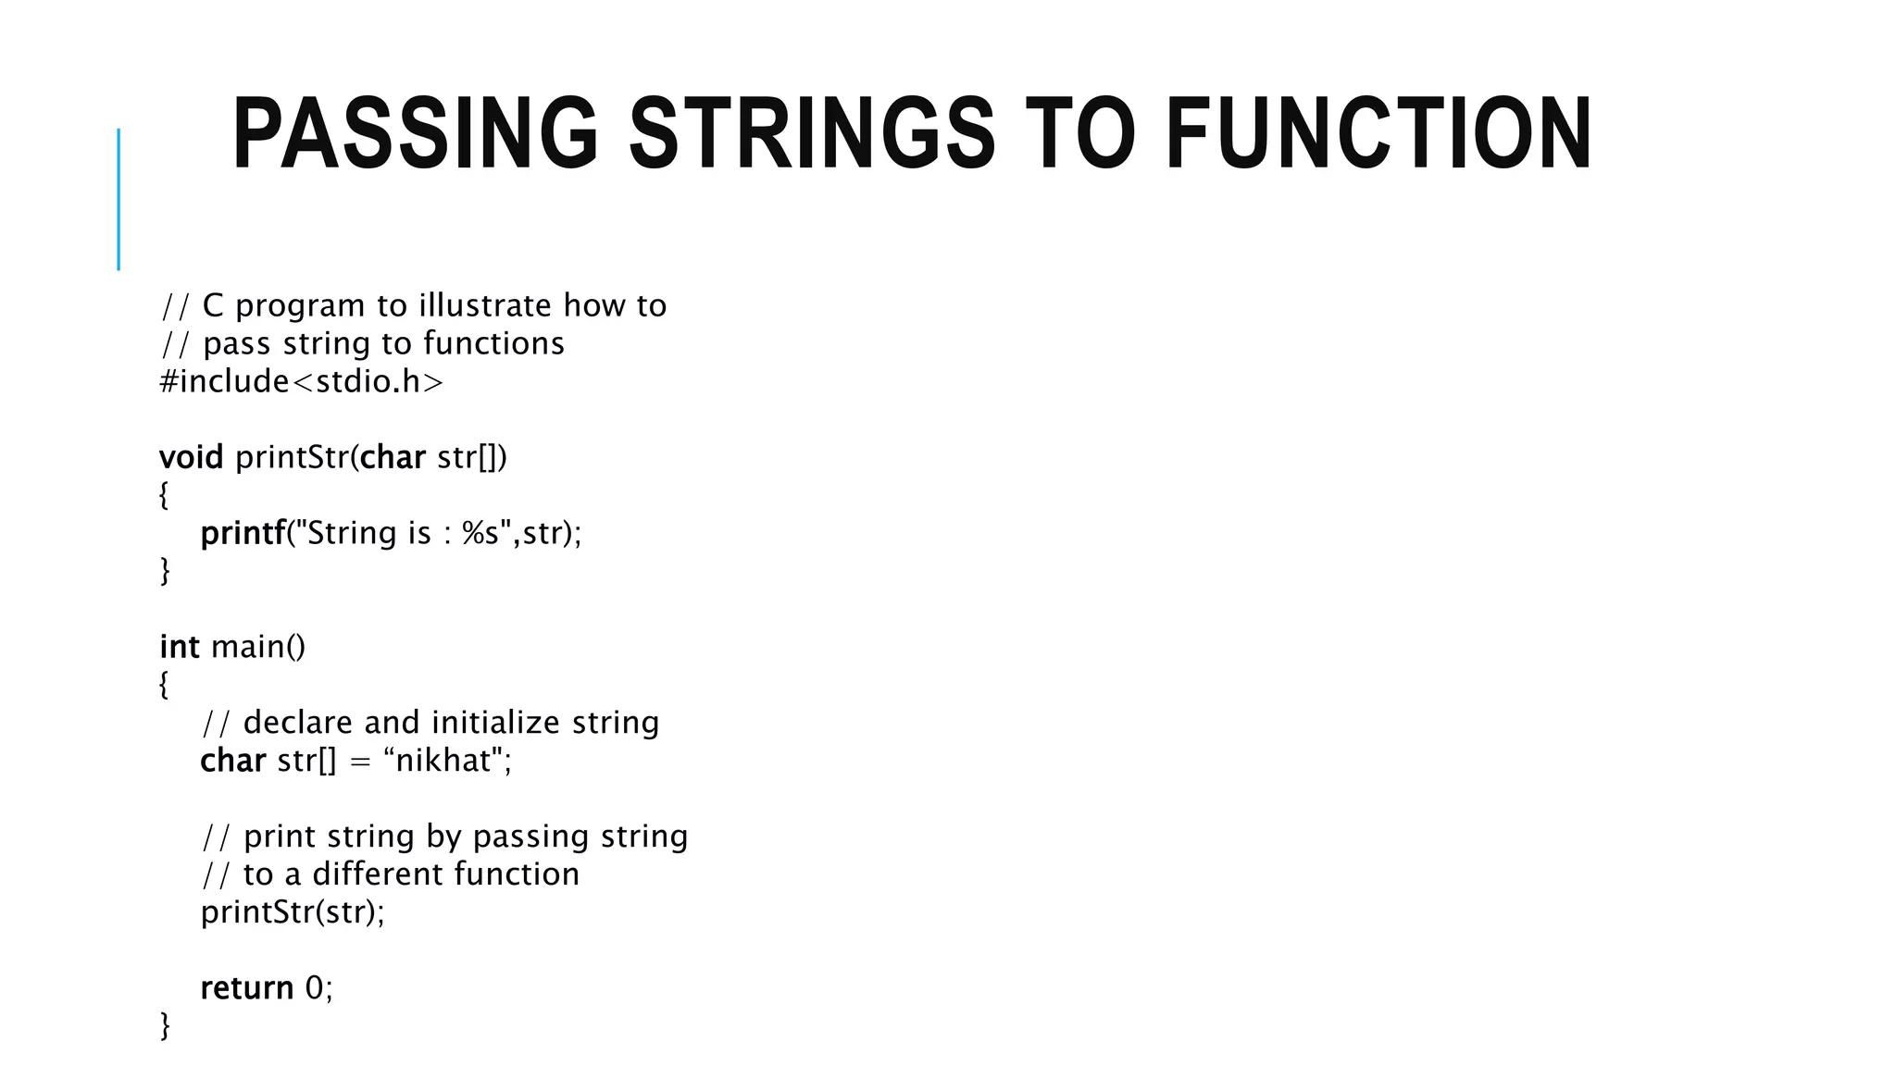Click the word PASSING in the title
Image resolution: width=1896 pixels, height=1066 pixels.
point(416,135)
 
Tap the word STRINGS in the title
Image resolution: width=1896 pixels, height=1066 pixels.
point(812,135)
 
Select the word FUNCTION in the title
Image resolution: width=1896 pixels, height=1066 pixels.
point(1378,135)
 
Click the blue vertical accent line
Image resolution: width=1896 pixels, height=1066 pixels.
point(118,199)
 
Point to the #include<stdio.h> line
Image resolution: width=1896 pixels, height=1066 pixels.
point(301,381)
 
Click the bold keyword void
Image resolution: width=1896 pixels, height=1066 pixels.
point(191,457)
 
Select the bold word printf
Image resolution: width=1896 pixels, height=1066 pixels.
point(243,533)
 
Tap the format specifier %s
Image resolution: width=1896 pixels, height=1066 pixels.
point(480,533)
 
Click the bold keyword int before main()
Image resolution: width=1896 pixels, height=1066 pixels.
point(179,647)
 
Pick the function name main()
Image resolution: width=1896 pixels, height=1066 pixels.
point(258,647)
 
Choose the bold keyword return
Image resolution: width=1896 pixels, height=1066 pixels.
point(246,988)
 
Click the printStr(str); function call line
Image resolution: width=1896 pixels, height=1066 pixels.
point(293,912)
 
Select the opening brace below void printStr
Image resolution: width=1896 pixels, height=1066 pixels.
point(164,495)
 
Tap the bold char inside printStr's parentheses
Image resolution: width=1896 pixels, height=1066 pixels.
point(393,457)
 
